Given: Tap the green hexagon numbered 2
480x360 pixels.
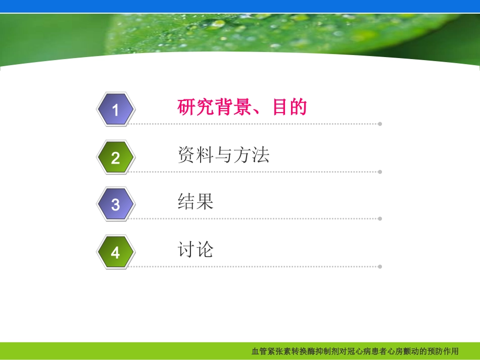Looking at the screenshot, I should [116, 158].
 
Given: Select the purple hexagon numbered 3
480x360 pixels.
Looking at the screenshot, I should [116, 205].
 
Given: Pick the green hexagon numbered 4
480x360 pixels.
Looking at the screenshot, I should [116, 252].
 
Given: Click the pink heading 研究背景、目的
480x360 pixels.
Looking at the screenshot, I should [242, 107].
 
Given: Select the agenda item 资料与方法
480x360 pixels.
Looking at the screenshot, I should [223, 155].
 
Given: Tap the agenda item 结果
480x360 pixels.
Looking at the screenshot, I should [196, 202].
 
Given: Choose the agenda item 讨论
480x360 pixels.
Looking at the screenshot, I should [196, 249].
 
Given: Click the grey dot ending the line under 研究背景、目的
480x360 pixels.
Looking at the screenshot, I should [380, 124].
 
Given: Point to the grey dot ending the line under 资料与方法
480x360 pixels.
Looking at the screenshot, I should [380, 172].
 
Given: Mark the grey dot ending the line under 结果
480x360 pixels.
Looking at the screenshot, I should [380, 219].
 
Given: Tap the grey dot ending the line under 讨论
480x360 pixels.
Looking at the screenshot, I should [380, 266].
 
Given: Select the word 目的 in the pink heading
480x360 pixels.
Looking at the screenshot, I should [290, 107].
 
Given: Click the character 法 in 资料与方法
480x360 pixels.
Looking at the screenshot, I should [260, 155].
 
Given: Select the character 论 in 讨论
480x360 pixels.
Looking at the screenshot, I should [205, 249].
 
